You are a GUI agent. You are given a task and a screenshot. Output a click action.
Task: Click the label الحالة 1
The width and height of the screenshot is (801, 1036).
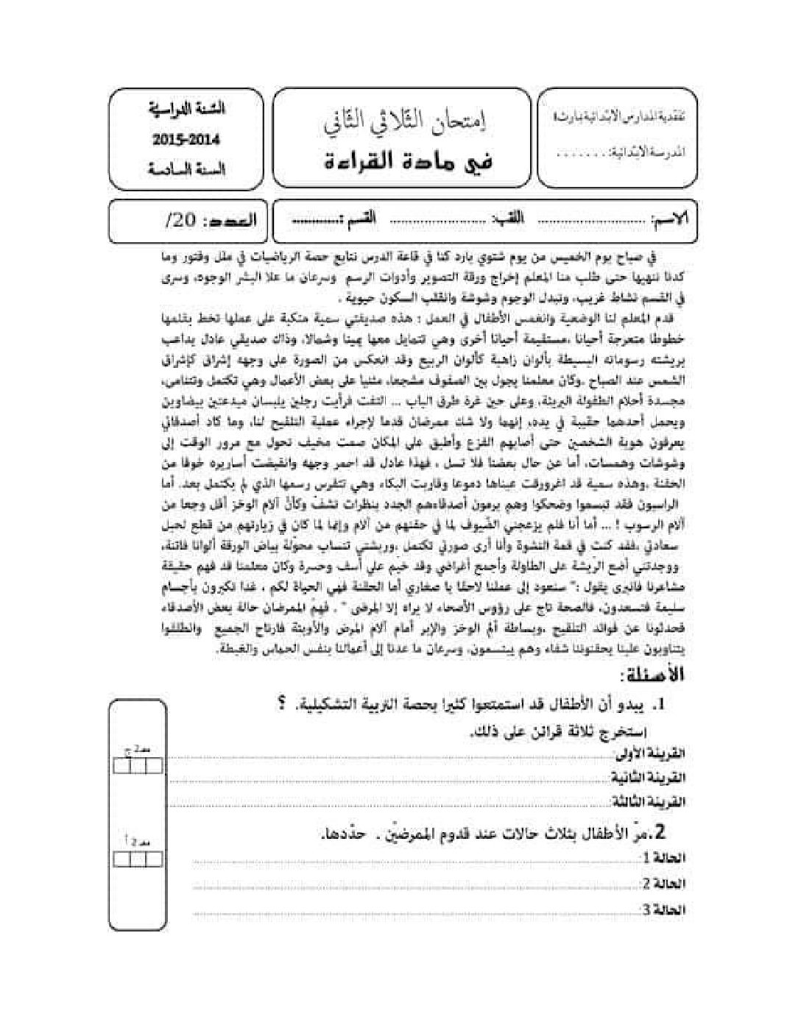664,858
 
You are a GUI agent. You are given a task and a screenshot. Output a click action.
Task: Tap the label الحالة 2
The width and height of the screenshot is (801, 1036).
664,884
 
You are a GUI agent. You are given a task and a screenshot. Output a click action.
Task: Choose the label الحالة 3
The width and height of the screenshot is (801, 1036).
664,910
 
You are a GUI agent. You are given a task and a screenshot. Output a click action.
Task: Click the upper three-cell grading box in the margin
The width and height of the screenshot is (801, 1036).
137,766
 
